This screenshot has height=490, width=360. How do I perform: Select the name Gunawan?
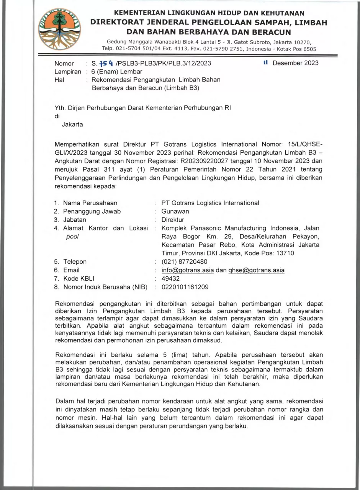(175, 211)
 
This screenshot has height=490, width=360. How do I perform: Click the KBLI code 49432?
(170, 279)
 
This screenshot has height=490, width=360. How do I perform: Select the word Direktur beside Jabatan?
(173, 220)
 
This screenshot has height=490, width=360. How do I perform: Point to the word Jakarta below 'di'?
(72, 124)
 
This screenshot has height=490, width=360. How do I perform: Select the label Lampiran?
(68, 72)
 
